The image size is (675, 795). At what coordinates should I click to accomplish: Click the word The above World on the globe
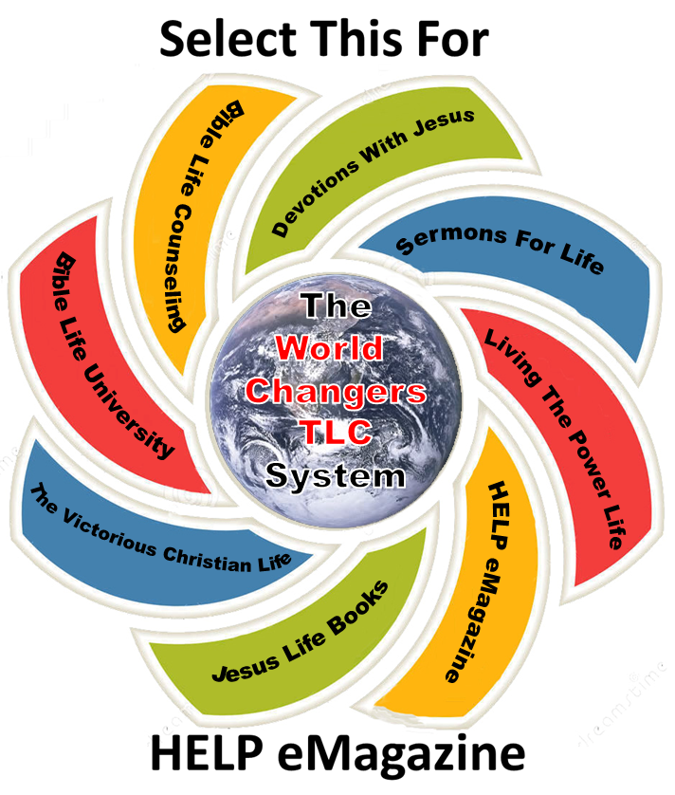pos(335,307)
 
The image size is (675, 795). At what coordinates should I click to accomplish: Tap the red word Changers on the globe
pos(335,391)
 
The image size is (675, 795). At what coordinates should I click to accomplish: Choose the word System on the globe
pos(335,473)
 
